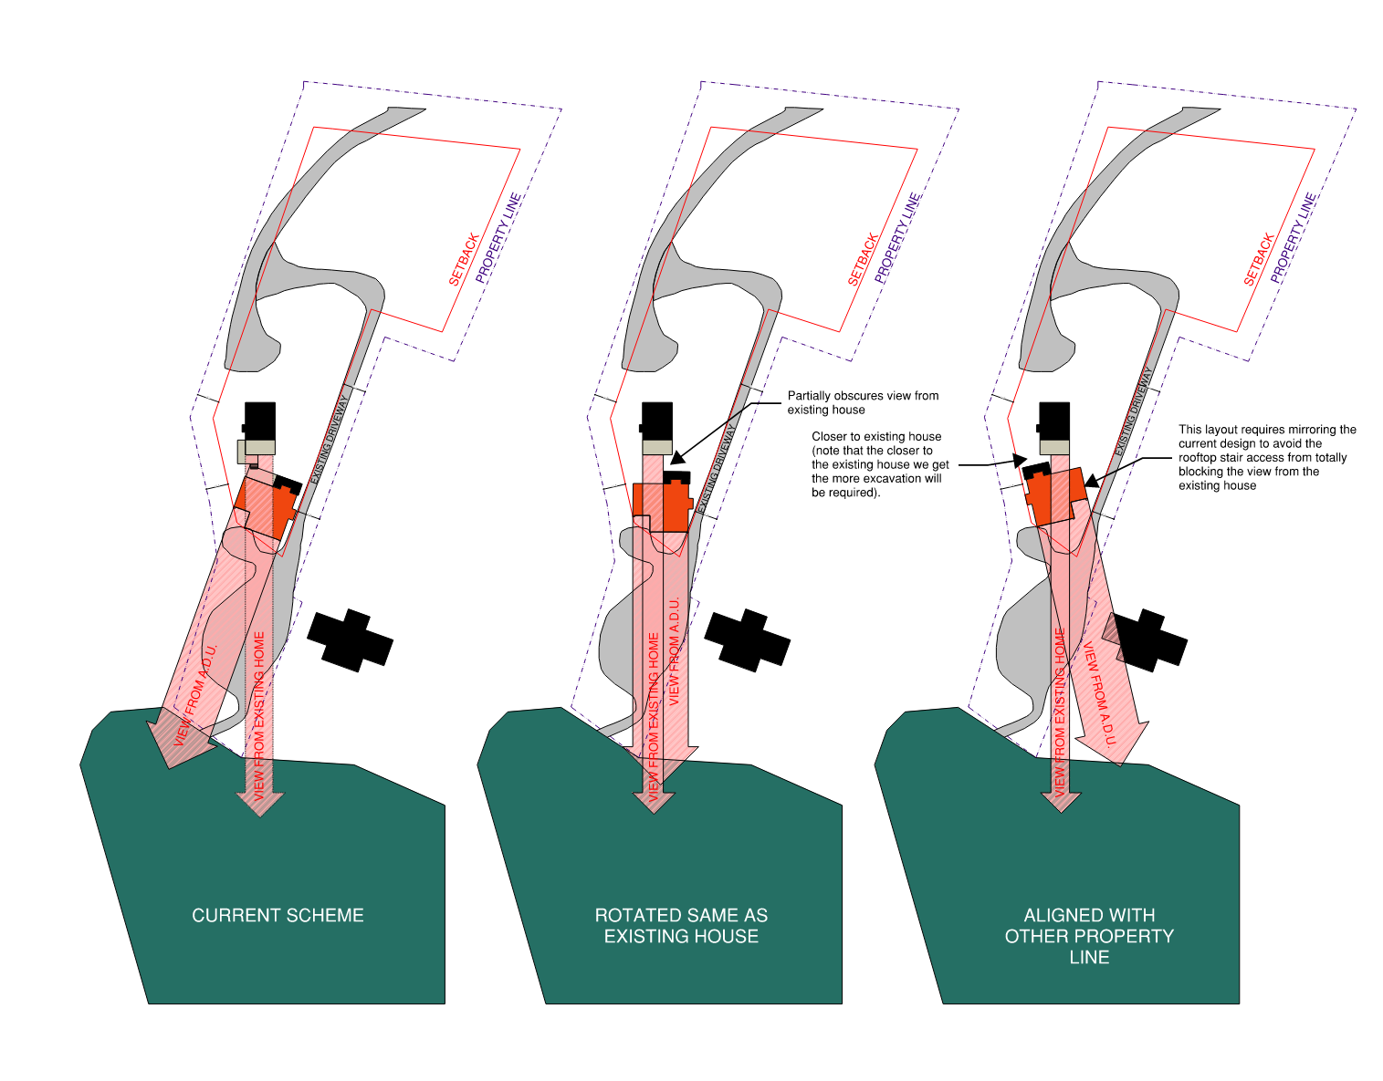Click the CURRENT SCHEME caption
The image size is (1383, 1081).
coord(278,915)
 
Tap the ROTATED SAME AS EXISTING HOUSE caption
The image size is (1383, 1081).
coord(681,925)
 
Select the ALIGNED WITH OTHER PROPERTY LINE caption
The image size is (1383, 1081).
coord(1089,936)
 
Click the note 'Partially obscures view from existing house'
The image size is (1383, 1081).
coord(863,402)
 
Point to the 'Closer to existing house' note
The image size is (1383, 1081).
coord(880,464)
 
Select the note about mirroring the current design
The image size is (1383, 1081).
coord(1266,457)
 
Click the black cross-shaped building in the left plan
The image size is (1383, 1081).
coord(350,640)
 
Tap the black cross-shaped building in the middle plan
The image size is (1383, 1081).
coord(748,640)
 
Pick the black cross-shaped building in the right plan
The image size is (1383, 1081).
coord(1145,640)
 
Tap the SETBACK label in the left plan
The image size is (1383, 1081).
coord(464,259)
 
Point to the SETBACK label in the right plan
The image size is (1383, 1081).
coord(1259,259)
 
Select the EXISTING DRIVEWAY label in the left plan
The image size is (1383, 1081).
coord(330,440)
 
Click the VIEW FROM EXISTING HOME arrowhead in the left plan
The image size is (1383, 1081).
coord(260,804)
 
